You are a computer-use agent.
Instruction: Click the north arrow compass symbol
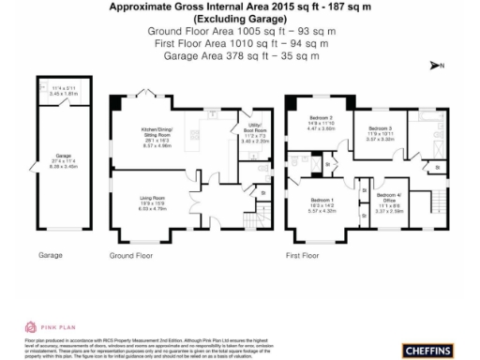click(x=436, y=65)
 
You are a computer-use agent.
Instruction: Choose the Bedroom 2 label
click(x=322, y=121)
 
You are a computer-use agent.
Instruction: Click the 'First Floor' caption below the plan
click(x=301, y=254)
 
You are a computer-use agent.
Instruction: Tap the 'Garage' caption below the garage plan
click(x=51, y=254)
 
